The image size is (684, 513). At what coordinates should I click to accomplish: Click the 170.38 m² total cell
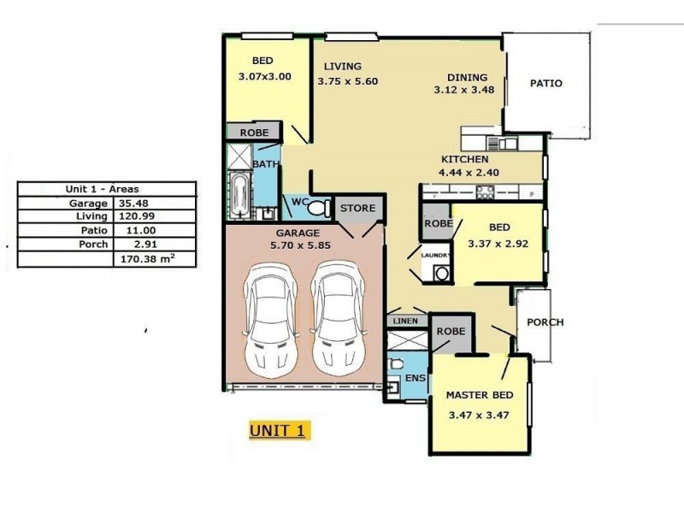(x=155, y=258)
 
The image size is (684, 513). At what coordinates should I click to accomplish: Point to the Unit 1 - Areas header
(x=108, y=189)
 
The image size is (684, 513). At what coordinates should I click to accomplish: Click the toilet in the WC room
(x=318, y=208)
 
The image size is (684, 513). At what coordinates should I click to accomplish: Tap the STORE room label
(x=357, y=208)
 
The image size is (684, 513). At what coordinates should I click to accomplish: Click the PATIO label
(x=546, y=84)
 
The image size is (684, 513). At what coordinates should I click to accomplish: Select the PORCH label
(x=545, y=322)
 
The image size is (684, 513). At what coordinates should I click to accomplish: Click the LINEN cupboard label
(x=404, y=321)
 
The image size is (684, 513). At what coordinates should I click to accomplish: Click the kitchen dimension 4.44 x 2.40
(x=469, y=172)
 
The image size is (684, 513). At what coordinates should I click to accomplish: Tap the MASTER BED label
(x=480, y=395)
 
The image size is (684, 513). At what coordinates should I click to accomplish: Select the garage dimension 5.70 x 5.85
(x=298, y=245)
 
